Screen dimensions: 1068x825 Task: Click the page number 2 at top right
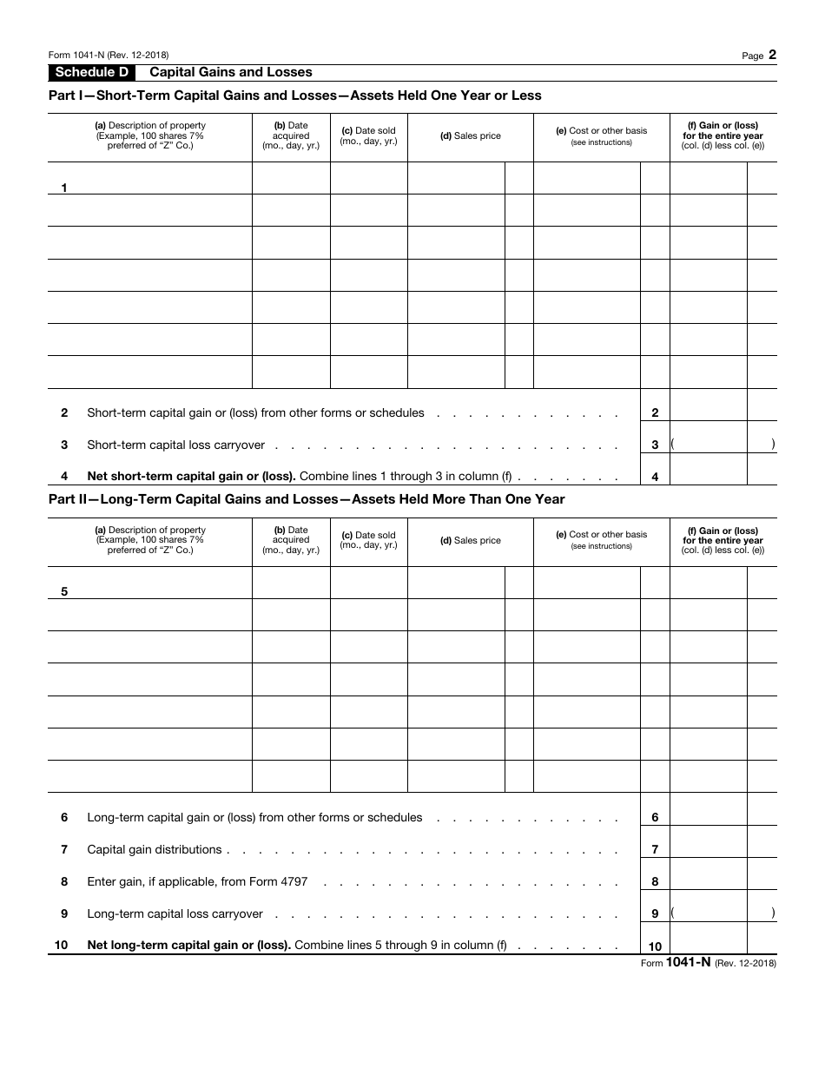[x=772, y=55]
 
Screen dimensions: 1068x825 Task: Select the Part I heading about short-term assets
[x=294, y=96]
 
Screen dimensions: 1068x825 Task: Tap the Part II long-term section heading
[x=306, y=499]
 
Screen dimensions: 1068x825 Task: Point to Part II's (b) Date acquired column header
[x=291, y=540]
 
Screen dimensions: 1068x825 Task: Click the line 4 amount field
[x=708, y=470]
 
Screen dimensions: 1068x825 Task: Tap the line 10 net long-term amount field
[x=708, y=939]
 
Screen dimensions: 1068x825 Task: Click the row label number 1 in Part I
[x=64, y=188]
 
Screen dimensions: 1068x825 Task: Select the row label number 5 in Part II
[x=64, y=592]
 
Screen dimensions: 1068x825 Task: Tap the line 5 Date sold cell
[x=368, y=583]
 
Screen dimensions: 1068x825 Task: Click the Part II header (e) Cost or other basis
[x=601, y=540]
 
